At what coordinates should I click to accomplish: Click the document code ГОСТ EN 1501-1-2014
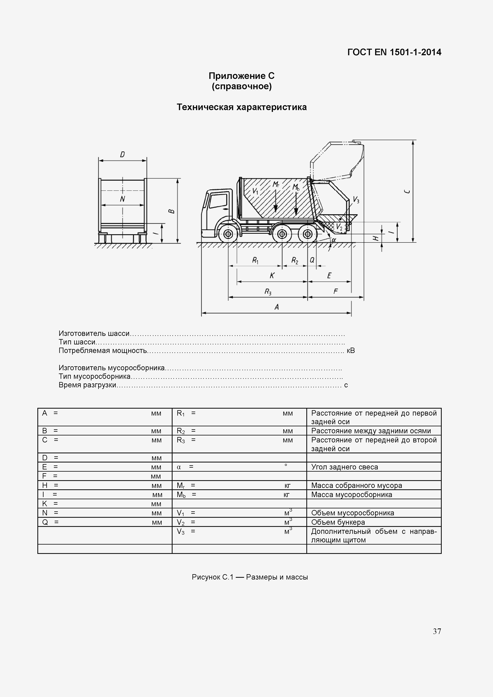coord(394,52)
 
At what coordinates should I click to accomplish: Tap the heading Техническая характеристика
coord(242,107)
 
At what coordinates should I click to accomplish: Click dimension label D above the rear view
coord(122,154)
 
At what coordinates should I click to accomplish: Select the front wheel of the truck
coord(228,234)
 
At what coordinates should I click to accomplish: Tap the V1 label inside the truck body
coord(255,191)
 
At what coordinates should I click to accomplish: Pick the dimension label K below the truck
coord(272,275)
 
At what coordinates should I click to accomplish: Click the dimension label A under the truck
coord(277,307)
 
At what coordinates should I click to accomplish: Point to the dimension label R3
coord(268,292)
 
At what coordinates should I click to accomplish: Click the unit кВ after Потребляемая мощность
coord(351,351)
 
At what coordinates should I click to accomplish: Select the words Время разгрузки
coord(87,385)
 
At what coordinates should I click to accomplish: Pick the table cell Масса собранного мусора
coord(356,485)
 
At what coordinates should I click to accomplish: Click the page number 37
coord(437,631)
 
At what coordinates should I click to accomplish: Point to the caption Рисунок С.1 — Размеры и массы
coord(249,577)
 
